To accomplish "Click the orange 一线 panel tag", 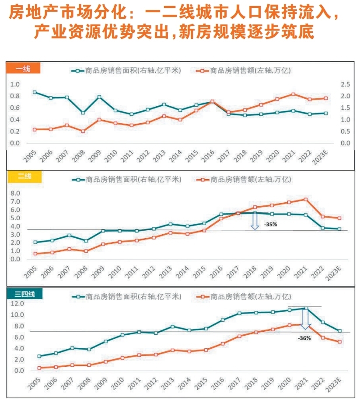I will [23, 68].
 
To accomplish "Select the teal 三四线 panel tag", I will [24, 294].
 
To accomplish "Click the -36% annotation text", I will [304, 338].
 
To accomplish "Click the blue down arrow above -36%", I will [305, 319].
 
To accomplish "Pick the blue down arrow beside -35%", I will [255, 221].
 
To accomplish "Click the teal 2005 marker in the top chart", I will [35, 92].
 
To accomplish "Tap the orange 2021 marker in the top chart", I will [293, 94].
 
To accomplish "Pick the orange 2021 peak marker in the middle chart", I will [306, 199].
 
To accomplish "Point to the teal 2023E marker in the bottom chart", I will [339, 331].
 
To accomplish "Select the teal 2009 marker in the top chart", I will [99, 97].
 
